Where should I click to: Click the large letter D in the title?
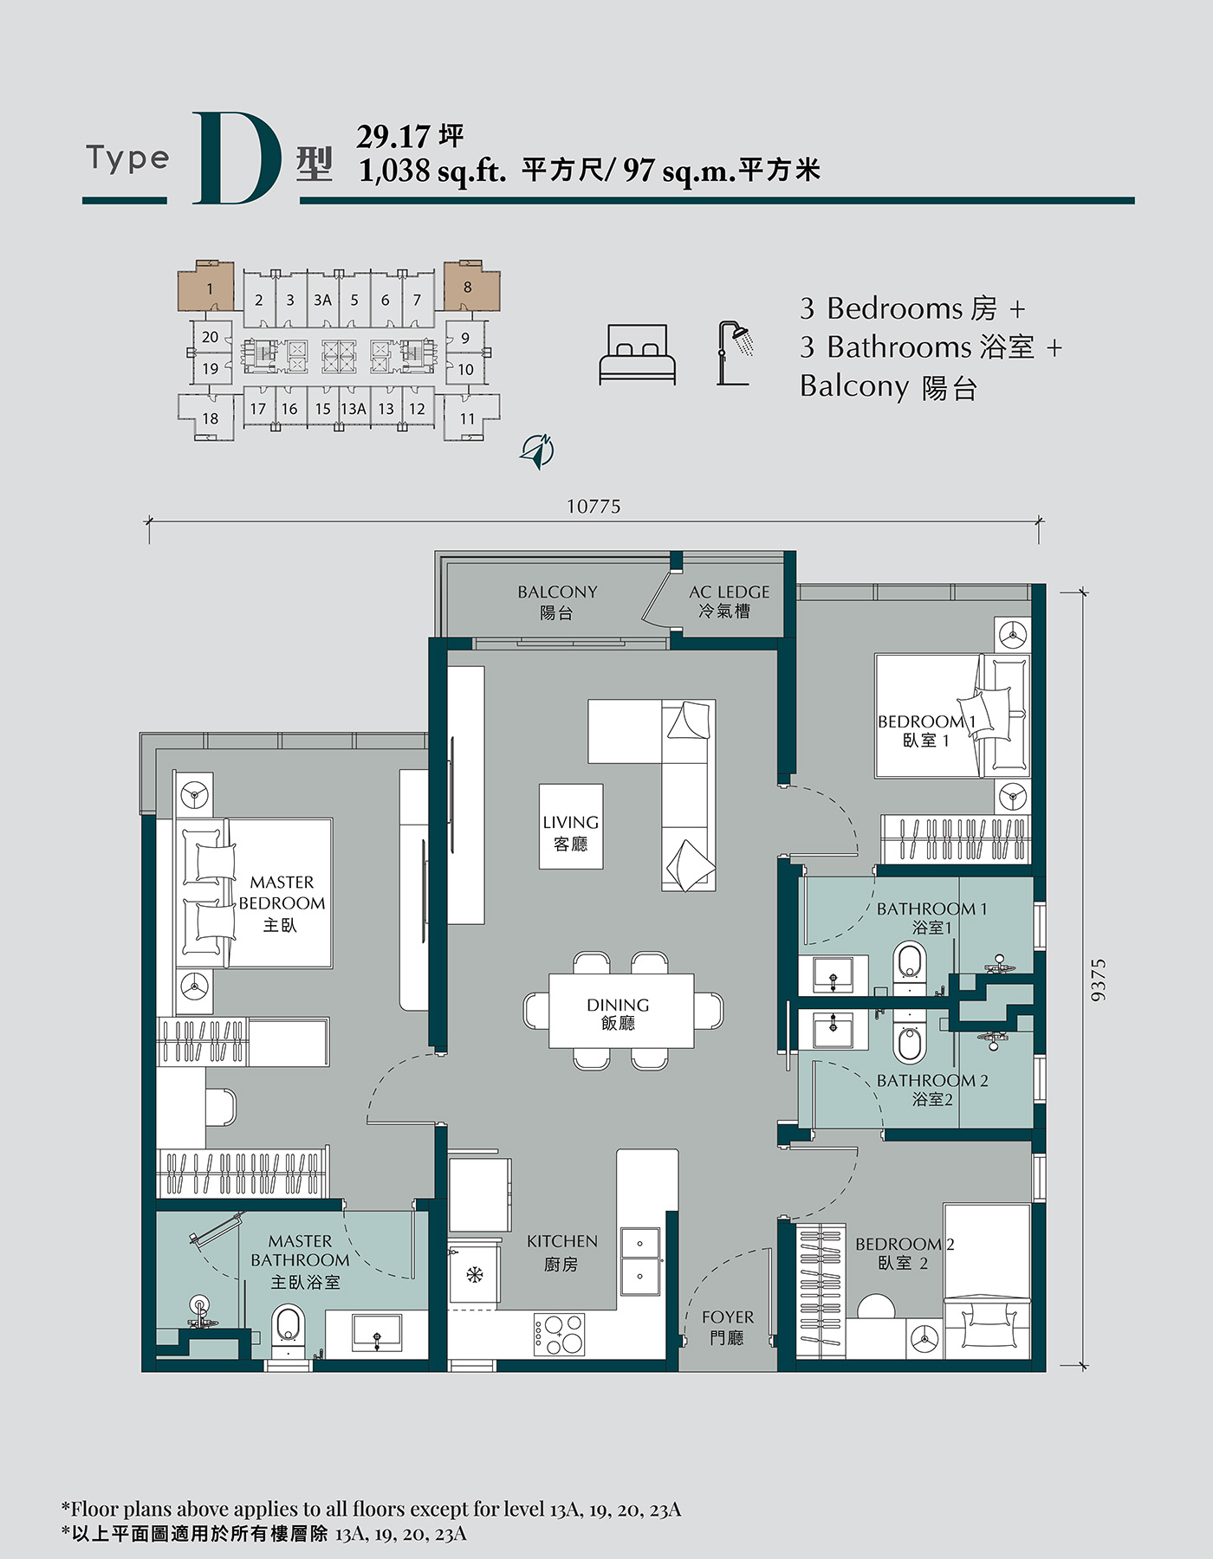(x=237, y=158)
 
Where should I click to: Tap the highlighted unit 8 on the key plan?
(x=471, y=285)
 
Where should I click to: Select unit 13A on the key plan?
(x=353, y=409)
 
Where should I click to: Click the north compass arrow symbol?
(x=537, y=451)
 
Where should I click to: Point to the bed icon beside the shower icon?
(x=637, y=354)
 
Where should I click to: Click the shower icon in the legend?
(x=735, y=353)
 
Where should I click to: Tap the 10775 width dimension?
(x=594, y=507)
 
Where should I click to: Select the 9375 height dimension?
(x=1098, y=980)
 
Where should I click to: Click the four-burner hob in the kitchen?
(x=559, y=1335)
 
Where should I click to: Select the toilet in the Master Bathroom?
(x=288, y=1335)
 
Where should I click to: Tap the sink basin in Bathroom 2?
(x=833, y=1031)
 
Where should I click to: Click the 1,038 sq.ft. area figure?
(x=432, y=171)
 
